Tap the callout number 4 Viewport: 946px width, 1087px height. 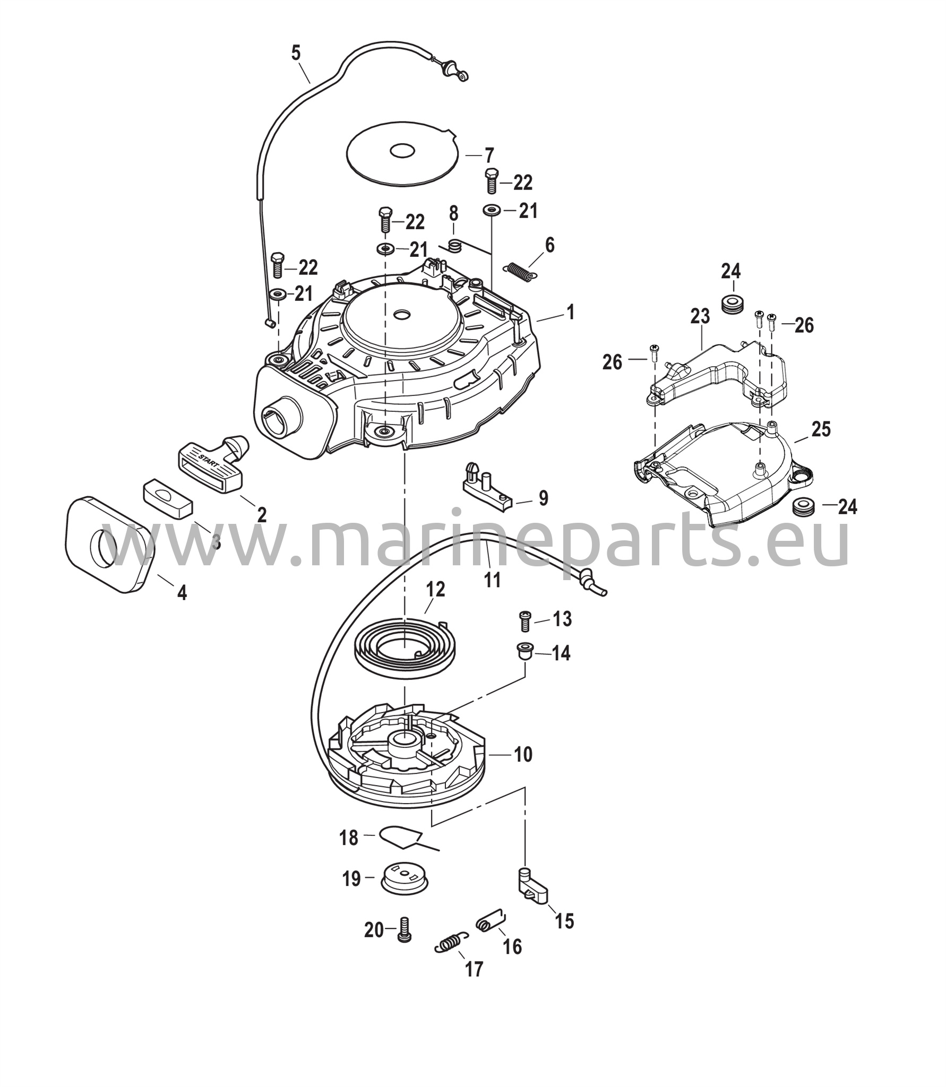coord(182,593)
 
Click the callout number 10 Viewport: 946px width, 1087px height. coord(523,754)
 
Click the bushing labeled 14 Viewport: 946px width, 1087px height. coord(524,652)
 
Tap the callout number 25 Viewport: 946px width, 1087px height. coord(821,429)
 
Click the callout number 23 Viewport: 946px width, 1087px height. coord(700,317)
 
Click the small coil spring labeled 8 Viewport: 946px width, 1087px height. coord(454,245)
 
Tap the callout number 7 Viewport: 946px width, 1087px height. coord(488,156)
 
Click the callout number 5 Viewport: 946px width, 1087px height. coord(296,53)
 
